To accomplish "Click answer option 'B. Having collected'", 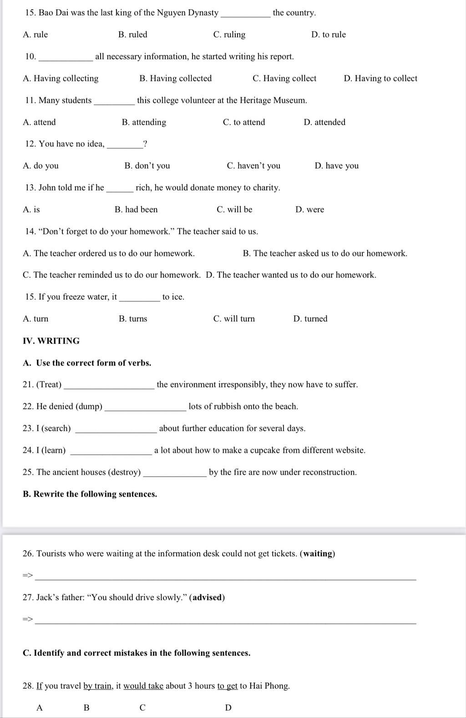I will click(x=175, y=78).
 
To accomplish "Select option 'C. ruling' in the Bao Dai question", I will click(x=229, y=35).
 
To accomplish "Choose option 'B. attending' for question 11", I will click(x=144, y=122).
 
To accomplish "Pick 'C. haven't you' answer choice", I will click(x=253, y=166).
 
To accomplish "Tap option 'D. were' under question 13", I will click(x=309, y=209).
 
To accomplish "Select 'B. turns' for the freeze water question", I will click(x=133, y=319).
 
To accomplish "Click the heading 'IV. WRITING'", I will click(x=51, y=341).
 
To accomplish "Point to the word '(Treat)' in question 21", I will click(x=49, y=385).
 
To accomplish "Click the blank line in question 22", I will click(x=145, y=409).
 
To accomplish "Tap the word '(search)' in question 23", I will click(x=56, y=428).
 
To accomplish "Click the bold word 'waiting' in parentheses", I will click(x=318, y=553).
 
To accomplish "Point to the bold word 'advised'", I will click(x=207, y=597).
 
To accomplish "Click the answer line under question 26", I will click(x=225, y=578).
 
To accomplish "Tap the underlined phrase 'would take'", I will click(x=143, y=686).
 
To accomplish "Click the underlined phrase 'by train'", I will click(x=98, y=686).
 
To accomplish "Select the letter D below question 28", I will click(x=228, y=708).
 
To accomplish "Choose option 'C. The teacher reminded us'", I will click(x=111, y=275).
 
